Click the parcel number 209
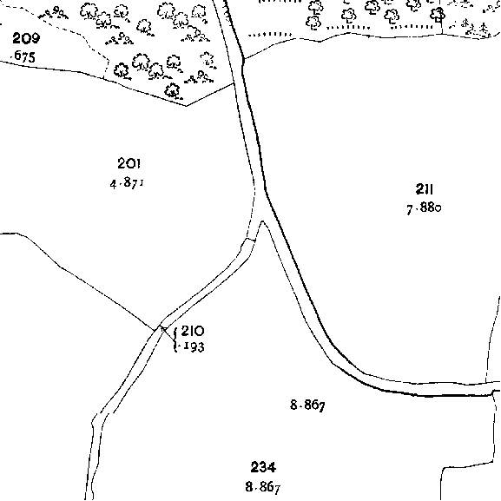(26, 38)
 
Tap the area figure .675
(23, 56)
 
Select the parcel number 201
(129, 163)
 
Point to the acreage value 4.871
(127, 183)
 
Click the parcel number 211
(425, 189)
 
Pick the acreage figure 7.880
(424, 208)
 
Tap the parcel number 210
(193, 331)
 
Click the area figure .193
(191, 347)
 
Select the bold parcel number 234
(263, 467)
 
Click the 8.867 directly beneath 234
(263, 487)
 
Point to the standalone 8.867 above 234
(307, 405)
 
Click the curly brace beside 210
(175, 340)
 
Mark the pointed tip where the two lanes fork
(262, 221)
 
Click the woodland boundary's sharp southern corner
(187, 106)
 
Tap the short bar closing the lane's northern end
(251, 239)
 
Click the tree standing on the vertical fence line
(438, 15)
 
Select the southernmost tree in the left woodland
(173, 90)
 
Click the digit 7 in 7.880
(410, 210)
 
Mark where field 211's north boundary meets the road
(244, 59)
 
